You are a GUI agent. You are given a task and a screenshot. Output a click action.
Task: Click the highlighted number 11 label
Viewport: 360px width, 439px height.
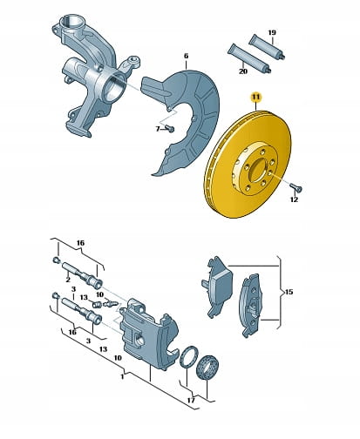(x=256, y=98)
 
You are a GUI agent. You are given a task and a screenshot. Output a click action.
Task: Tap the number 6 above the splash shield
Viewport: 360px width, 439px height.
(x=187, y=56)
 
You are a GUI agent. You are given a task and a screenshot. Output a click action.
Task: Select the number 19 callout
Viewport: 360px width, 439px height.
(x=272, y=32)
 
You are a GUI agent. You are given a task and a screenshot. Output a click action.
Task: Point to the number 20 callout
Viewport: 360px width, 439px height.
(x=243, y=71)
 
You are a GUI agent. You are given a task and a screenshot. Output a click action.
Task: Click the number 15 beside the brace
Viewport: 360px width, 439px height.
(x=289, y=292)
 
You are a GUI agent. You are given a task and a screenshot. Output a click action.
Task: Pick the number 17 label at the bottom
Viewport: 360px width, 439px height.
(x=191, y=401)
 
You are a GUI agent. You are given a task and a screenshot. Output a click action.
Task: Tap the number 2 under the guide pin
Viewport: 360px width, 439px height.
(x=68, y=280)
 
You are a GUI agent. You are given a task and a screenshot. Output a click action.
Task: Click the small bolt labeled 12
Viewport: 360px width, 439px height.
(x=296, y=188)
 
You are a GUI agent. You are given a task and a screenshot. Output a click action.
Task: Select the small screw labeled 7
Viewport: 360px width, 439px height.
(x=169, y=128)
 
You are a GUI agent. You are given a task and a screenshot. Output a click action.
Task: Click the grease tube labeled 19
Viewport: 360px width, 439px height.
(x=267, y=46)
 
